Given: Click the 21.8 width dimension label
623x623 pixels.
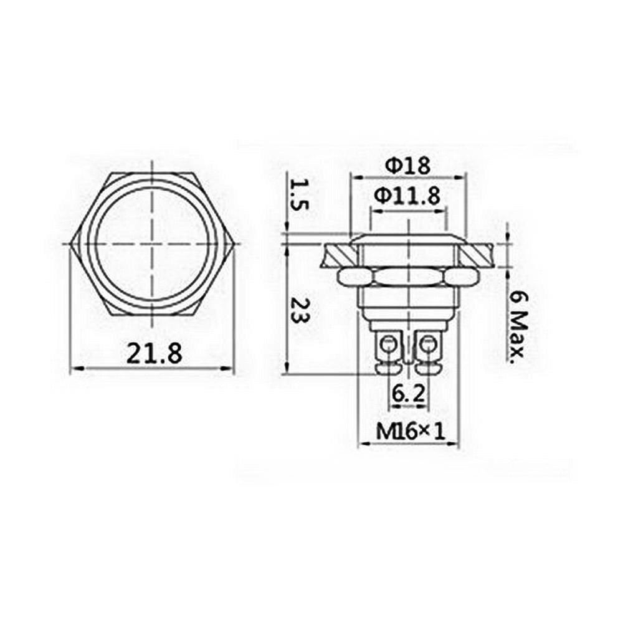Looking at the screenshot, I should [155, 354].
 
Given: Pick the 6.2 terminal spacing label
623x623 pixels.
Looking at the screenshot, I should [408, 393].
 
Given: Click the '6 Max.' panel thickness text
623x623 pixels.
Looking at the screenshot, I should [518, 328].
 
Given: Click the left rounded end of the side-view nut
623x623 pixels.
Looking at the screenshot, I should [342, 277].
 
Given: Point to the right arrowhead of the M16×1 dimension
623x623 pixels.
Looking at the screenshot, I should [456, 444].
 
